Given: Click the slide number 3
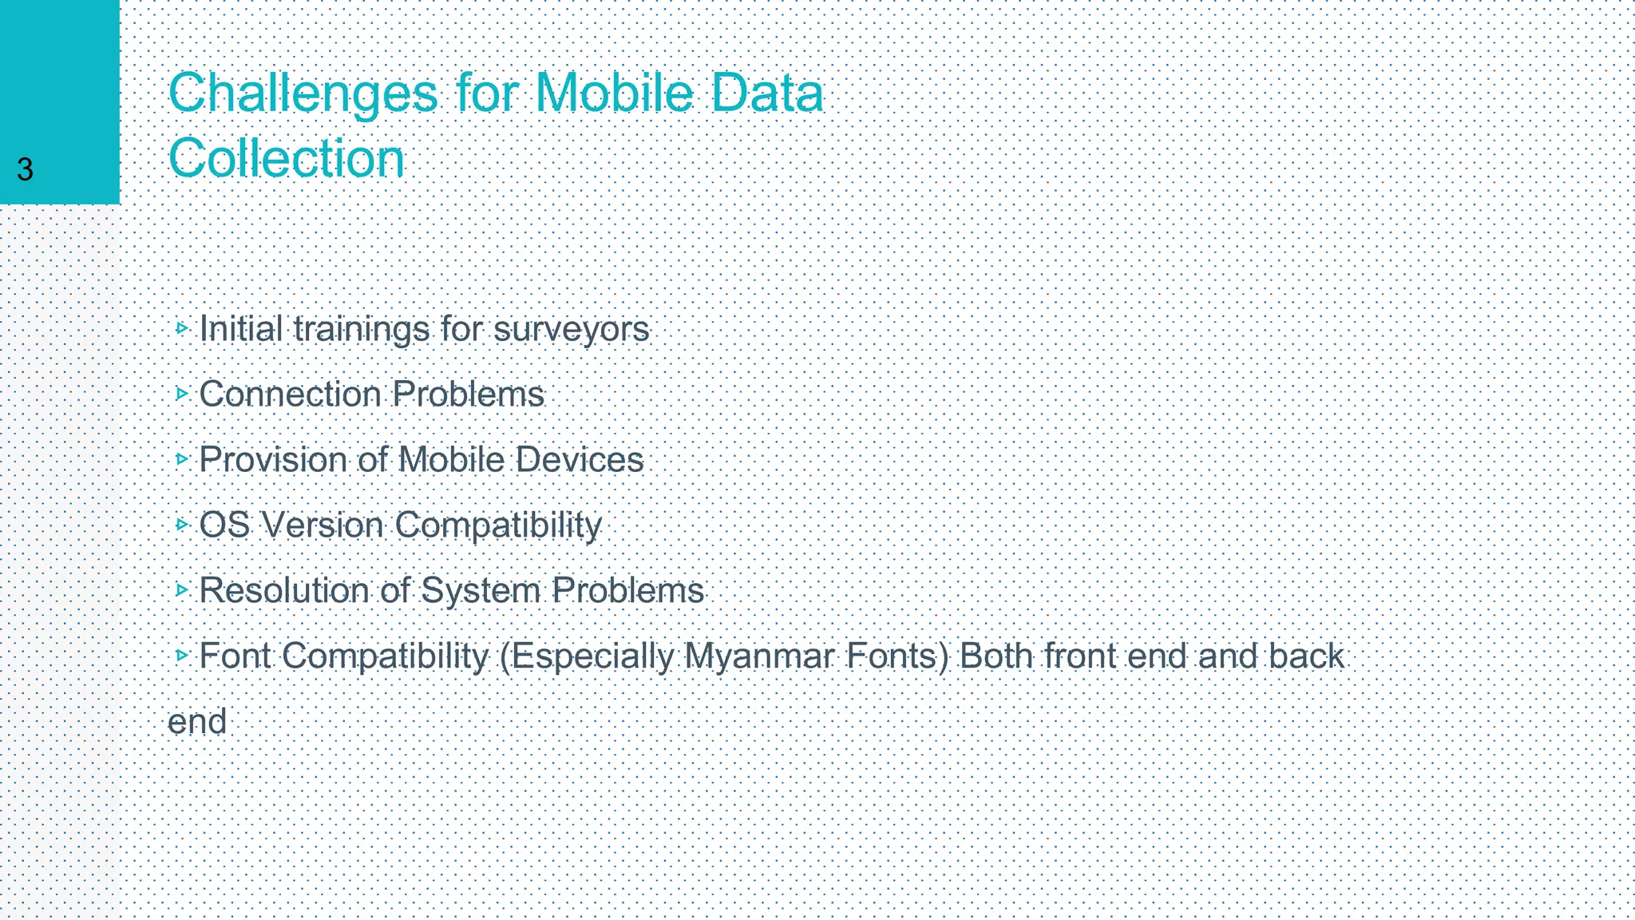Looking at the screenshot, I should (25, 170).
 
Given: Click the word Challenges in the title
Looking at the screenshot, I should (303, 94).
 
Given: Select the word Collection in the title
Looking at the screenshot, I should (287, 158).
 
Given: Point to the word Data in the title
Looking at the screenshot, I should (766, 93).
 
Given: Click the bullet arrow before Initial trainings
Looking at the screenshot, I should (182, 327).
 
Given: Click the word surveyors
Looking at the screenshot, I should (572, 329).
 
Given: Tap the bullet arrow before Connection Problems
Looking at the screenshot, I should (182, 393).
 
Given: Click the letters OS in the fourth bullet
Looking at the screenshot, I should (224, 525).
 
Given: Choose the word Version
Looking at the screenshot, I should (323, 525).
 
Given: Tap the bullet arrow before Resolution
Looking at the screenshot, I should (182, 589).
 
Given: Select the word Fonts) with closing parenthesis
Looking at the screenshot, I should (897, 656).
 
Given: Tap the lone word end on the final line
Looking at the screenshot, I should (197, 722).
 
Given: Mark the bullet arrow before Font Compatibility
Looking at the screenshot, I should (182, 655).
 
